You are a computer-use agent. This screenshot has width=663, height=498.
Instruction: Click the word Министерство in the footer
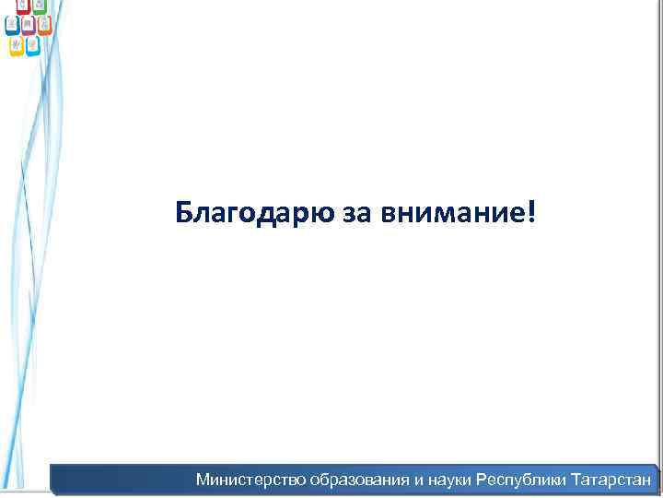point(250,480)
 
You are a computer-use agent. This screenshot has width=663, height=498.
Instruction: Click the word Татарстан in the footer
point(611,480)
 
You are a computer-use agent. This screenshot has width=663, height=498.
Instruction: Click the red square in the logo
point(22,6)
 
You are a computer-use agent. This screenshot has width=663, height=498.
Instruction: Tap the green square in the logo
point(39,6)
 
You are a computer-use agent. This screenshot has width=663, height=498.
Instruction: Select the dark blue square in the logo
point(12,25)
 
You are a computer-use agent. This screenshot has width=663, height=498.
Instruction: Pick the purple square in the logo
point(29,25)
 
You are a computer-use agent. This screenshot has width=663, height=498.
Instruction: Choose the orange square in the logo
point(44,25)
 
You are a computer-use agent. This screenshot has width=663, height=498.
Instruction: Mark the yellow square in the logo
point(17,46)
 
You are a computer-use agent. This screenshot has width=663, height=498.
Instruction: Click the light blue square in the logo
point(32,45)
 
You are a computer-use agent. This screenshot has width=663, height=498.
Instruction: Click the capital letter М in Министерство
point(203,480)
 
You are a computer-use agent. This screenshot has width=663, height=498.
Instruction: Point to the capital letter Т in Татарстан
point(576,480)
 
